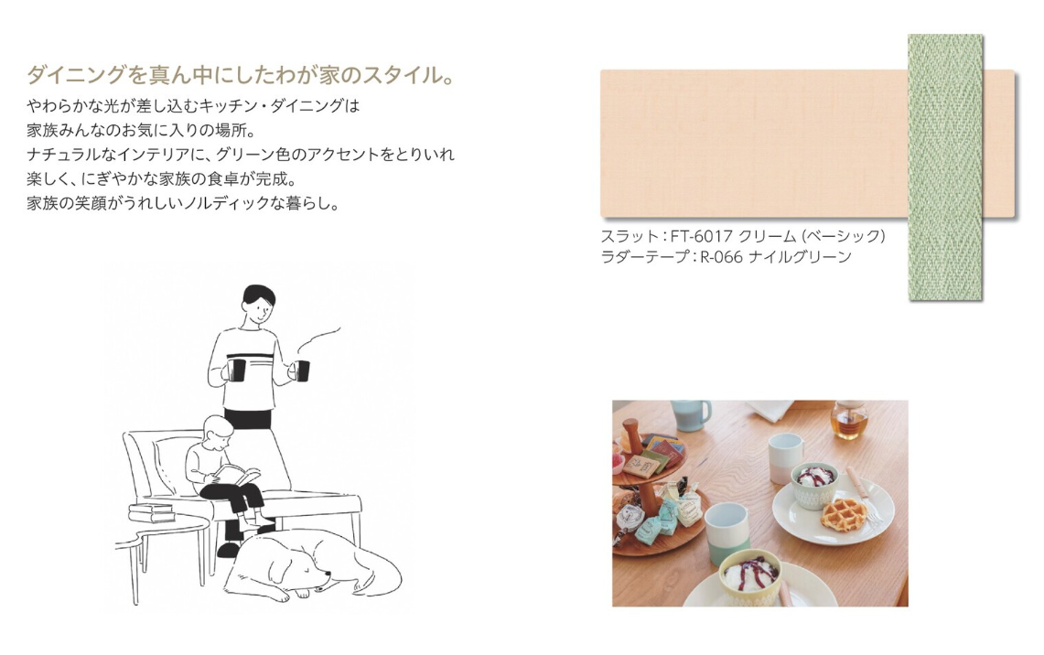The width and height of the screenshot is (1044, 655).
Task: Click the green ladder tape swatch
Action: (945, 167)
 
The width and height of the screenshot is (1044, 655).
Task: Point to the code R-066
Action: (721, 257)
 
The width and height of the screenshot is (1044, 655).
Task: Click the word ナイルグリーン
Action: (800, 257)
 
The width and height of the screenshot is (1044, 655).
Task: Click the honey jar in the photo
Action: (849, 419)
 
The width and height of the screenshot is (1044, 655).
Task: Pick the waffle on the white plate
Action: (844, 514)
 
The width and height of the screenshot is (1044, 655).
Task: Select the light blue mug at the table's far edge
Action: (691, 414)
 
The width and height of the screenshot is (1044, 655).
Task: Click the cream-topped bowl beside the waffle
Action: (814, 485)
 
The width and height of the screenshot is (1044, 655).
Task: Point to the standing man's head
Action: (258, 305)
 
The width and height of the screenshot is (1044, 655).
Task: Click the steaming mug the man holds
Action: (302, 370)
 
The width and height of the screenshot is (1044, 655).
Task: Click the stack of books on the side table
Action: (153, 513)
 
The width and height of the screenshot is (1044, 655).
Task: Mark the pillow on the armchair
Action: (170, 464)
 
